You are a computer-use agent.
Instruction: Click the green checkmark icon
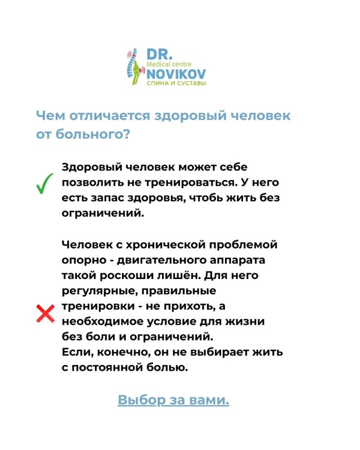[44, 184]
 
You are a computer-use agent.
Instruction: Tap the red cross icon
[45, 314]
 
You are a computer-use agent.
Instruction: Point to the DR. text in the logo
[160, 54]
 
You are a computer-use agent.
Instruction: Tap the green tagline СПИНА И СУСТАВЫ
[175, 83]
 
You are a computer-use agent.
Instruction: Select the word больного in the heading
[90, 136]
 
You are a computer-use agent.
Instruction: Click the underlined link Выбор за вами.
[173, 400]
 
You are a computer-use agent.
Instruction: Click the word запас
[107, 199]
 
